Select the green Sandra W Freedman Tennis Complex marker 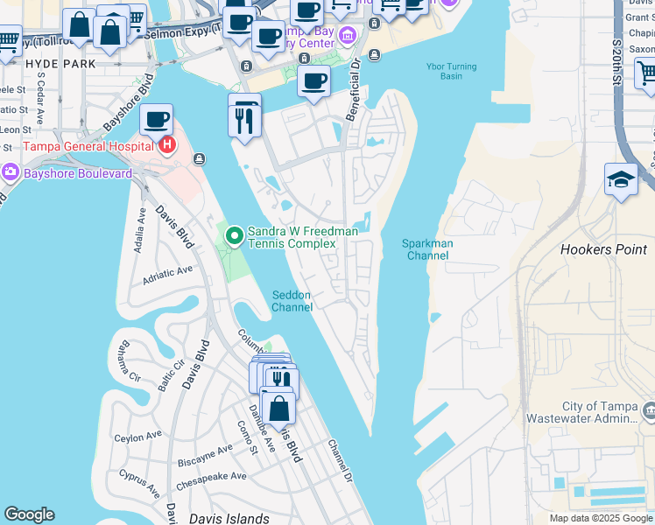[234, 235]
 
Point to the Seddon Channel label [292, 301]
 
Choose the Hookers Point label [603, 250]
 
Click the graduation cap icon [621, 179]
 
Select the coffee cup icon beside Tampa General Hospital [156, 120]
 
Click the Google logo [29, 514]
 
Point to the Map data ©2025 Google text [600, 518]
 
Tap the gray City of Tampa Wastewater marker [648, 409]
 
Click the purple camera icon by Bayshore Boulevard [10, 173]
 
